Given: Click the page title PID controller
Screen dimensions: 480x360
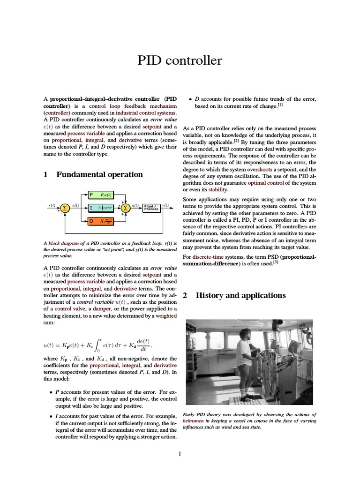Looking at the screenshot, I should (180, 61).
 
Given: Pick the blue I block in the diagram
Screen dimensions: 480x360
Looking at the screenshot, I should (104, 208).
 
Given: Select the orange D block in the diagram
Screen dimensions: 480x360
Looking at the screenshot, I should (104, 221).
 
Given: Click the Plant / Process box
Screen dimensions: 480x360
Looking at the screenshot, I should (151, 208).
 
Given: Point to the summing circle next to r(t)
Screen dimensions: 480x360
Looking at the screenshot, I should (65, 208).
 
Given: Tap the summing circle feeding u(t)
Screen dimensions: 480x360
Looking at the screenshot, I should (125, 208).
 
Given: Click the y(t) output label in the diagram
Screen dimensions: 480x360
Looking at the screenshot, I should (165, 205).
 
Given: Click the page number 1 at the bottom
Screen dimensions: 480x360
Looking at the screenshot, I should (180, 453).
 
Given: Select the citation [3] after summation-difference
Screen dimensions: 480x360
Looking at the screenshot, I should (276, 262).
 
